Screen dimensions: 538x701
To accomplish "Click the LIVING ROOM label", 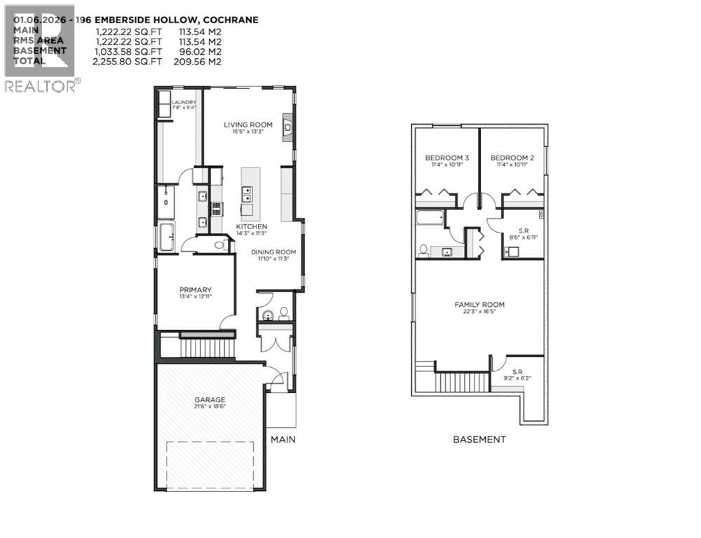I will (247, 125).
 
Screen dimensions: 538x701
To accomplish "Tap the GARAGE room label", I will (210, 399).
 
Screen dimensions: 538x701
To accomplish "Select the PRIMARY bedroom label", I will (195, 289).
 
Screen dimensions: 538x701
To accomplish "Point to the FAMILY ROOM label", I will (479, 304).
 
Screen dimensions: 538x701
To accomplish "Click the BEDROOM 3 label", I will (447, 158).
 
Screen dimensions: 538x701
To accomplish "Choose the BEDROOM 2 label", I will (512, 158).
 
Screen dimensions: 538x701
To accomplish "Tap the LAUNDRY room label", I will (184, 103).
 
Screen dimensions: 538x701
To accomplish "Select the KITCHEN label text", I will (251, 228).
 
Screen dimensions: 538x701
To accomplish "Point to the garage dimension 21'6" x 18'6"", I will (210, 407).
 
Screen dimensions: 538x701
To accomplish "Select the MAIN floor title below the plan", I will (283, 439).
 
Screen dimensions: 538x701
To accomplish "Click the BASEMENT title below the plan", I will (479, 439).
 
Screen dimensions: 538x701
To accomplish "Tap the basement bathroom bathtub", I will (429, 218).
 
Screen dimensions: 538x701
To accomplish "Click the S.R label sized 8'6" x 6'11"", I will (524, 233).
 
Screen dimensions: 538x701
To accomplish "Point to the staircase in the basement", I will (461, 382).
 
